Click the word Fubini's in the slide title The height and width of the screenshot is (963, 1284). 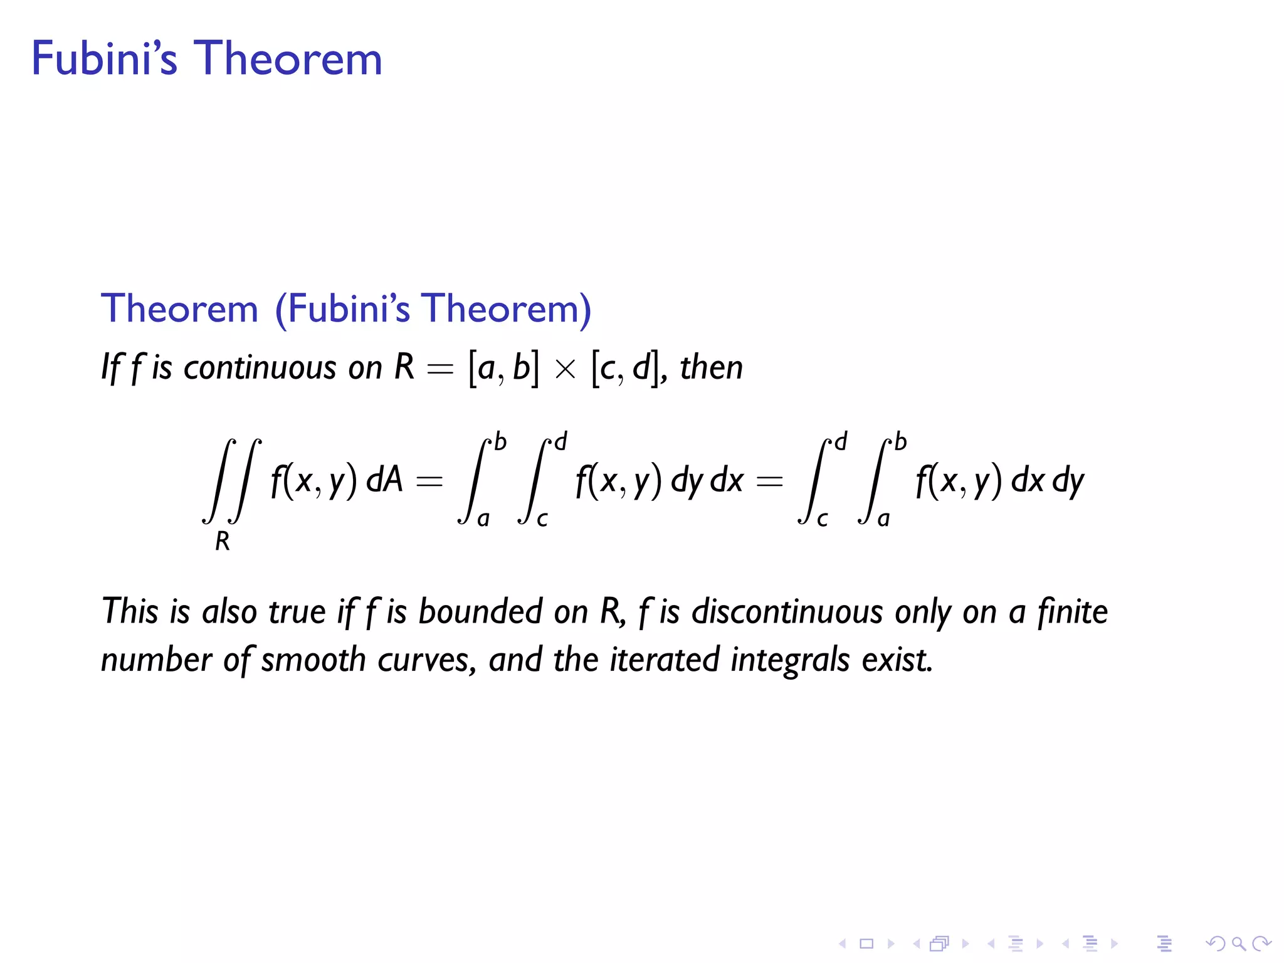(104, 59)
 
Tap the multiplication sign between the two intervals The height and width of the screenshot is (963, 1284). (565, 369)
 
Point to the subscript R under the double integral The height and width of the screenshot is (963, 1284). (223, 541)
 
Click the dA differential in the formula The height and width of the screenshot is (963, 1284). (384, 481)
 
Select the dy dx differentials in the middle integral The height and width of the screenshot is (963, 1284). (707, 481)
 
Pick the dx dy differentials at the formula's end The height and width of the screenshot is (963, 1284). (1047, 481)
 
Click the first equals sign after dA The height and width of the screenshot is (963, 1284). (429, 481)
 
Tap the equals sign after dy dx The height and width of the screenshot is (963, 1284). (770, 481)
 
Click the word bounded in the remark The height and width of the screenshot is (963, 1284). (480, 611)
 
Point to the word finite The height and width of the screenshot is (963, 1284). (1072, 611)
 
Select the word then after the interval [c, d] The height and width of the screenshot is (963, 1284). (712, 367)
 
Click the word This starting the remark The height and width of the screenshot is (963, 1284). (129, 611)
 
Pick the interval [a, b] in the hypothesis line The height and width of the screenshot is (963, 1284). (503, 369)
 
